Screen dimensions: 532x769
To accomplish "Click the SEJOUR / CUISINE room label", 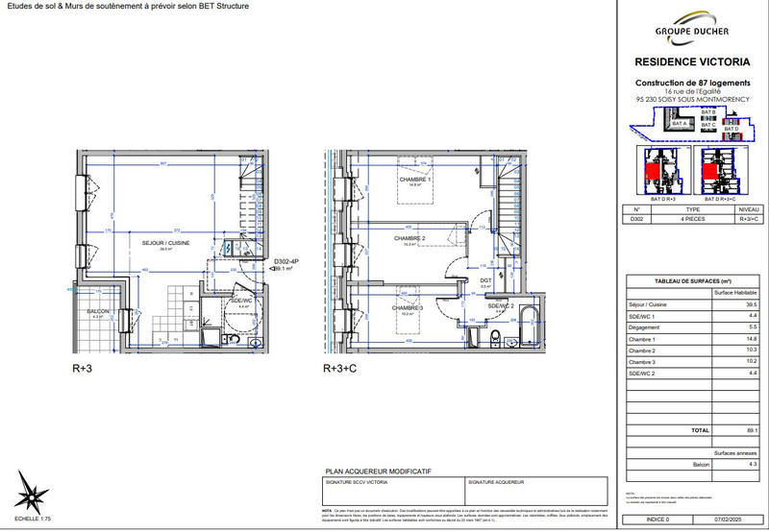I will pyautogui.click(x=166, y=243).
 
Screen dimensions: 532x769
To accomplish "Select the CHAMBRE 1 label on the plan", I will pyautogui.click(x=415, y=180).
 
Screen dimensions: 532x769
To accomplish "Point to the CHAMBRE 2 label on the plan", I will pyautogui.click(x=409, y=237).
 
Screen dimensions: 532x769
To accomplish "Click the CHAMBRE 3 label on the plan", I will pyautogui.click(x=408, y=307).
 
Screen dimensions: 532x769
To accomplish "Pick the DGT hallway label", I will pyautogui.click(x=485, y=280).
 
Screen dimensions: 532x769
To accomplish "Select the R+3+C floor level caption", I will pyautogui.click(x=339, y=368).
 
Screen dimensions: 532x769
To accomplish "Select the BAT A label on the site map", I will pyautogui.click(x=679, y=124).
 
